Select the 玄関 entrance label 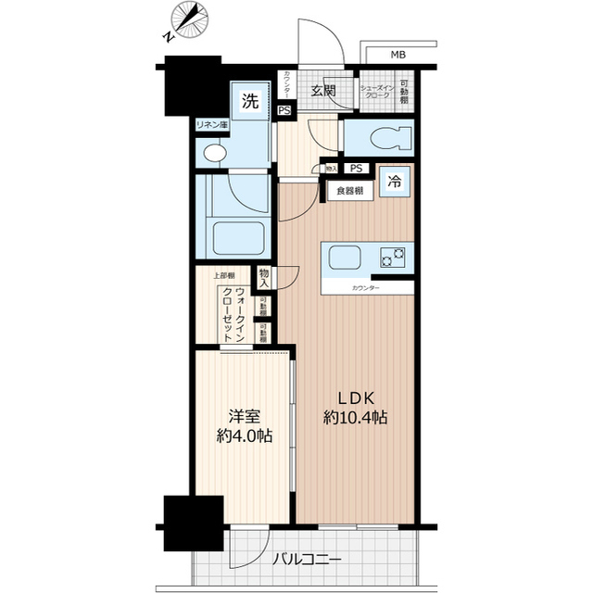pyautogui.click(x=322, y=91)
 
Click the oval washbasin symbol pyautogui.click(x=214, y=153)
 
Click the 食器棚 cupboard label pyautogui.click(x=349, y=191)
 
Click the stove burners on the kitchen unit pyautogui.click(x=393, y=256)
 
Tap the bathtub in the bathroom pyautogui.click(x=239, y=236)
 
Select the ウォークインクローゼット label pyautogui.click(x=233, y=315)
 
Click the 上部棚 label pyautogui.click(x=224, y=276)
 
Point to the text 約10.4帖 pyautogui.click(x=356, y=417)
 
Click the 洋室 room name pyautogui.click(x=240, y=414)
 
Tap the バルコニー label pyautogui.click(x=308, y=559)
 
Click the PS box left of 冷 pyautogui.click(x=356, y=169)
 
